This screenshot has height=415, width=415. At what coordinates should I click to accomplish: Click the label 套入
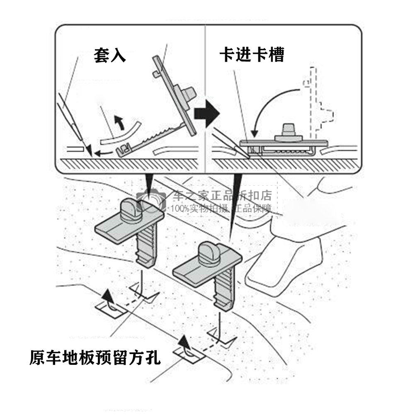pos(109,56)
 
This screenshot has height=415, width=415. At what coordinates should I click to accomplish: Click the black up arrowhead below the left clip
pos(108,295)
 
